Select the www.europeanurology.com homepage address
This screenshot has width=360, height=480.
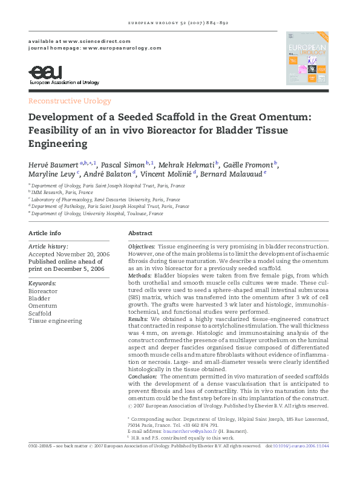point(122,47)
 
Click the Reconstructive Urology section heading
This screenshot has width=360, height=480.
point(70,101)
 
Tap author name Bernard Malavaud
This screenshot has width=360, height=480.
point(234,174)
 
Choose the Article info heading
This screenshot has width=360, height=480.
point(45,233)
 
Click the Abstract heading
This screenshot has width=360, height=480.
point(140,233)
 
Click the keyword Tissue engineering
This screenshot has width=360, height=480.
point(55,321)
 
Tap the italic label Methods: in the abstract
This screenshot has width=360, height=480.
point(140,275)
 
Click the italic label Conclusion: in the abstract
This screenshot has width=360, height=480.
point(143,376)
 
